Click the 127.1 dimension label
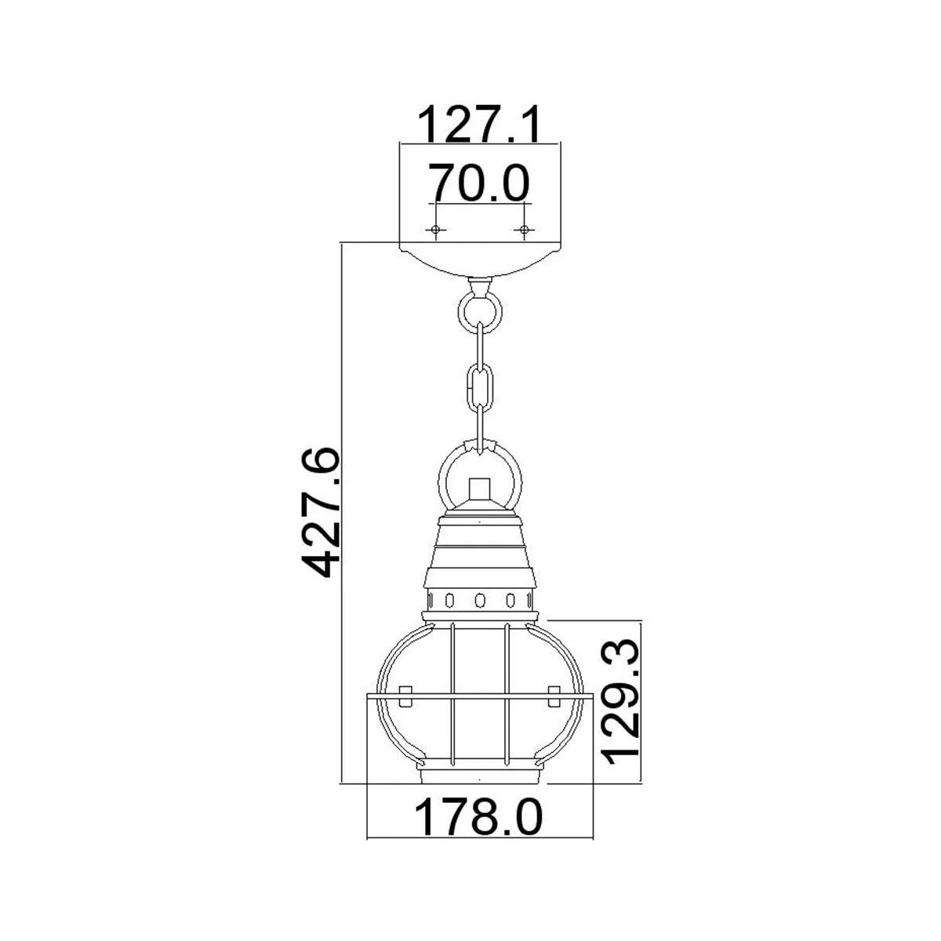[480, 124]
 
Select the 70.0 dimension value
[479, 183]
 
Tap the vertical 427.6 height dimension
[321, 512]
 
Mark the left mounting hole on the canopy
[435, 229]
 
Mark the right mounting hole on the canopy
[524, 229]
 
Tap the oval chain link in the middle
[480, 387]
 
